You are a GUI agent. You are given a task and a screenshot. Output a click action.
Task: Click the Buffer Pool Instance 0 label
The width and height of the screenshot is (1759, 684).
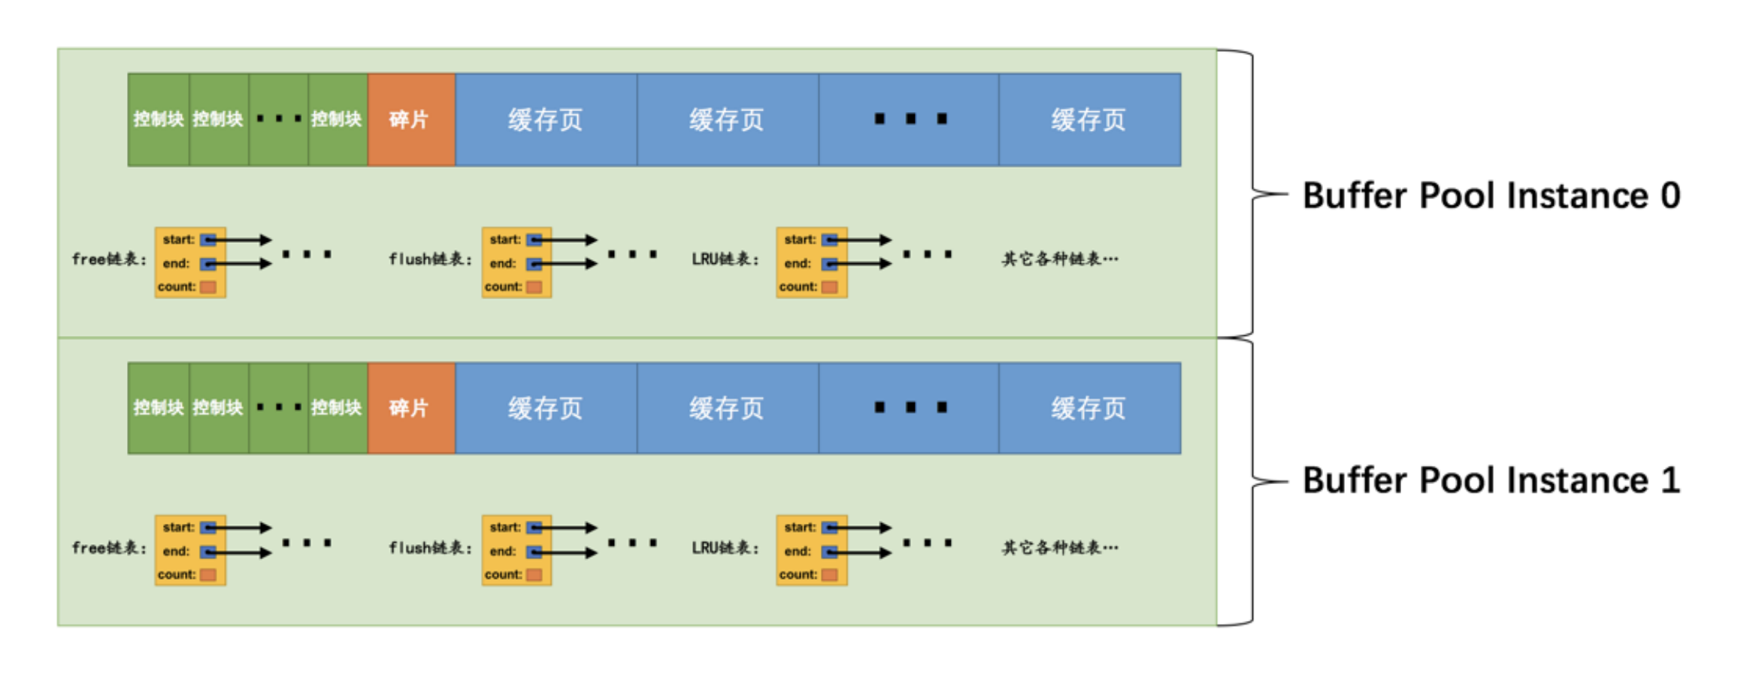tap(1491, 195)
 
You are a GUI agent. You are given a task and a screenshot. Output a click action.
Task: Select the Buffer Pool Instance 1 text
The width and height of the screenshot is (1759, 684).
tap(1491, 480)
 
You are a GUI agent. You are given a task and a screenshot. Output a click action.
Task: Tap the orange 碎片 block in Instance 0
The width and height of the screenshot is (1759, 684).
tap(411, 120)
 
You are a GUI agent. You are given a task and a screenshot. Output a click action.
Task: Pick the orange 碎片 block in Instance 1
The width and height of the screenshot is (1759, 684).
tap(411, 408)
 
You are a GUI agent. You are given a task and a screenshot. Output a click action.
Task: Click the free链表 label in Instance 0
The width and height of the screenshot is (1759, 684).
tap(109, 259)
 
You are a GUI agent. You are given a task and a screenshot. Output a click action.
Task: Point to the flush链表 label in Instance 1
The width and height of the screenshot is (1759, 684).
tap(430, 548)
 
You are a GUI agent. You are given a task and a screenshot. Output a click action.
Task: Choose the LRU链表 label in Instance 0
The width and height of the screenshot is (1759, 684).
tap(725, 259)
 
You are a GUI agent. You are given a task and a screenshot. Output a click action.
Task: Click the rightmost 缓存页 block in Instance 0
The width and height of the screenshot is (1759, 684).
tap(1089, 120)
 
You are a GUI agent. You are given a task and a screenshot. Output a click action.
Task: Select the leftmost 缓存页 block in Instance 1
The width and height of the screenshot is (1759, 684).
tap(546, 408)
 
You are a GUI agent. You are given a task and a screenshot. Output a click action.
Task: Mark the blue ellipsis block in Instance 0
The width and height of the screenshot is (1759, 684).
tap(909, 120)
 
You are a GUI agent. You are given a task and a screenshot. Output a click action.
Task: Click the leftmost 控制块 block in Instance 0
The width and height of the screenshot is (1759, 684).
tap(159, 120)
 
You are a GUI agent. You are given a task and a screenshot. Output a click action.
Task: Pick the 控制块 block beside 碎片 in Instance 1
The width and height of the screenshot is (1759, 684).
tap(338, 408)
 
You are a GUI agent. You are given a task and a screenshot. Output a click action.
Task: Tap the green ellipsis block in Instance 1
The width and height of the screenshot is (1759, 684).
tap(278, 408)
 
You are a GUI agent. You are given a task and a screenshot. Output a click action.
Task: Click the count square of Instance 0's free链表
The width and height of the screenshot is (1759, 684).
tap(208, 287)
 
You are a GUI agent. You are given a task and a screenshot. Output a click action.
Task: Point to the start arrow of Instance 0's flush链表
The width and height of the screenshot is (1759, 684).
tap(564, 240)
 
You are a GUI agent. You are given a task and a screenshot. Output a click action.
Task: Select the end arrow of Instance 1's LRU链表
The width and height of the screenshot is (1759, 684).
tap(858, 552)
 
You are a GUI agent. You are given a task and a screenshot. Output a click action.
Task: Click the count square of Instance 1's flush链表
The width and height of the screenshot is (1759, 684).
tap(534, 575)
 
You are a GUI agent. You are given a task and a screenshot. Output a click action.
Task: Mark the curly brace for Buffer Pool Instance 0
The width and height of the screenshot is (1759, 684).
tap(1252, 194)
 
